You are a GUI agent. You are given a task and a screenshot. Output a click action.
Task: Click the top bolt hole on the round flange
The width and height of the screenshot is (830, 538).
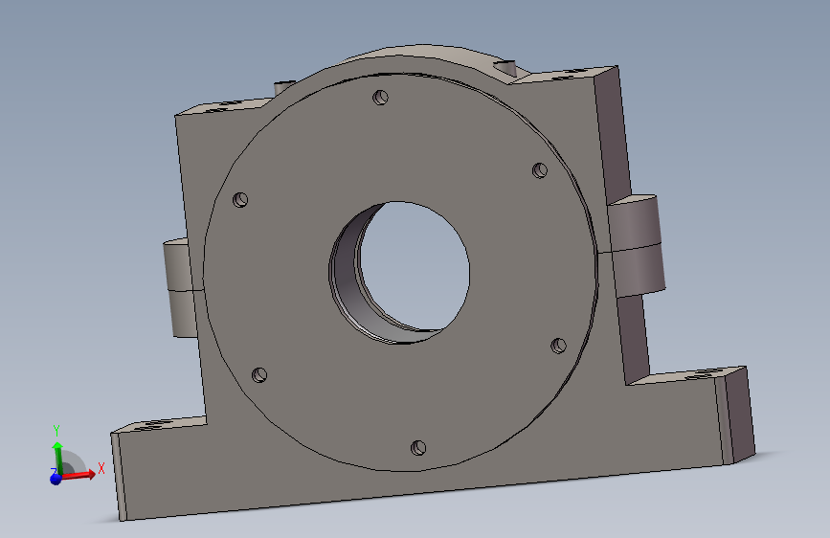(381, 97)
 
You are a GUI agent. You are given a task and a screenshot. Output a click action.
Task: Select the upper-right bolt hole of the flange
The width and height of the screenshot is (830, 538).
(539, 170)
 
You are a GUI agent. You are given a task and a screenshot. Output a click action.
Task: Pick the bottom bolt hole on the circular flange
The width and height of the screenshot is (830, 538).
(416, 447)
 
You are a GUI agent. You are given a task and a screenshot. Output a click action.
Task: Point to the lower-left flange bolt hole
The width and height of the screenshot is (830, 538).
(258, 374)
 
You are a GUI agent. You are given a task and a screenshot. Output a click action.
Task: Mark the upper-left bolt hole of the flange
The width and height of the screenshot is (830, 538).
(241, 200)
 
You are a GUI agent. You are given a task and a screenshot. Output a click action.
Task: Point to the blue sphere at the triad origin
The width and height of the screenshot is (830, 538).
(56, 478)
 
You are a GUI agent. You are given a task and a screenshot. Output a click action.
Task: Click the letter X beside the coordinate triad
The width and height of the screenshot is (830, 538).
(101, 468)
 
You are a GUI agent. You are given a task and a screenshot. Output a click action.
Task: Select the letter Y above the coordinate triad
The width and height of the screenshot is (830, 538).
(56, 429)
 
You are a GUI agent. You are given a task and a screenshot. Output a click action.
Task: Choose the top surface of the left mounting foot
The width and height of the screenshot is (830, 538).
(158, 424)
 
